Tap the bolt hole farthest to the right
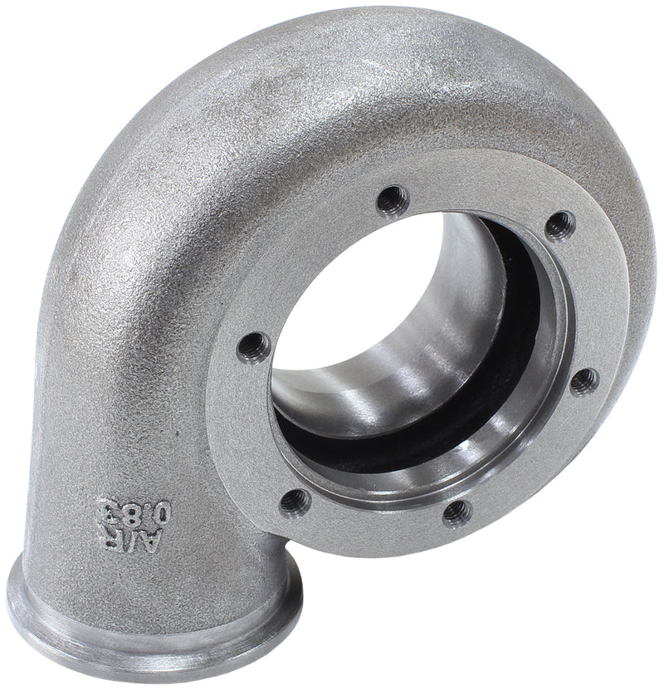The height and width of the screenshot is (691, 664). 583,380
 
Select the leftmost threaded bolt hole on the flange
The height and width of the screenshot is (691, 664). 254,346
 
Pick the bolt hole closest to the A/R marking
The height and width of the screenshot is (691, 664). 295,502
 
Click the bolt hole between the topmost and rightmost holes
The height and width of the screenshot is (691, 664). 560,224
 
